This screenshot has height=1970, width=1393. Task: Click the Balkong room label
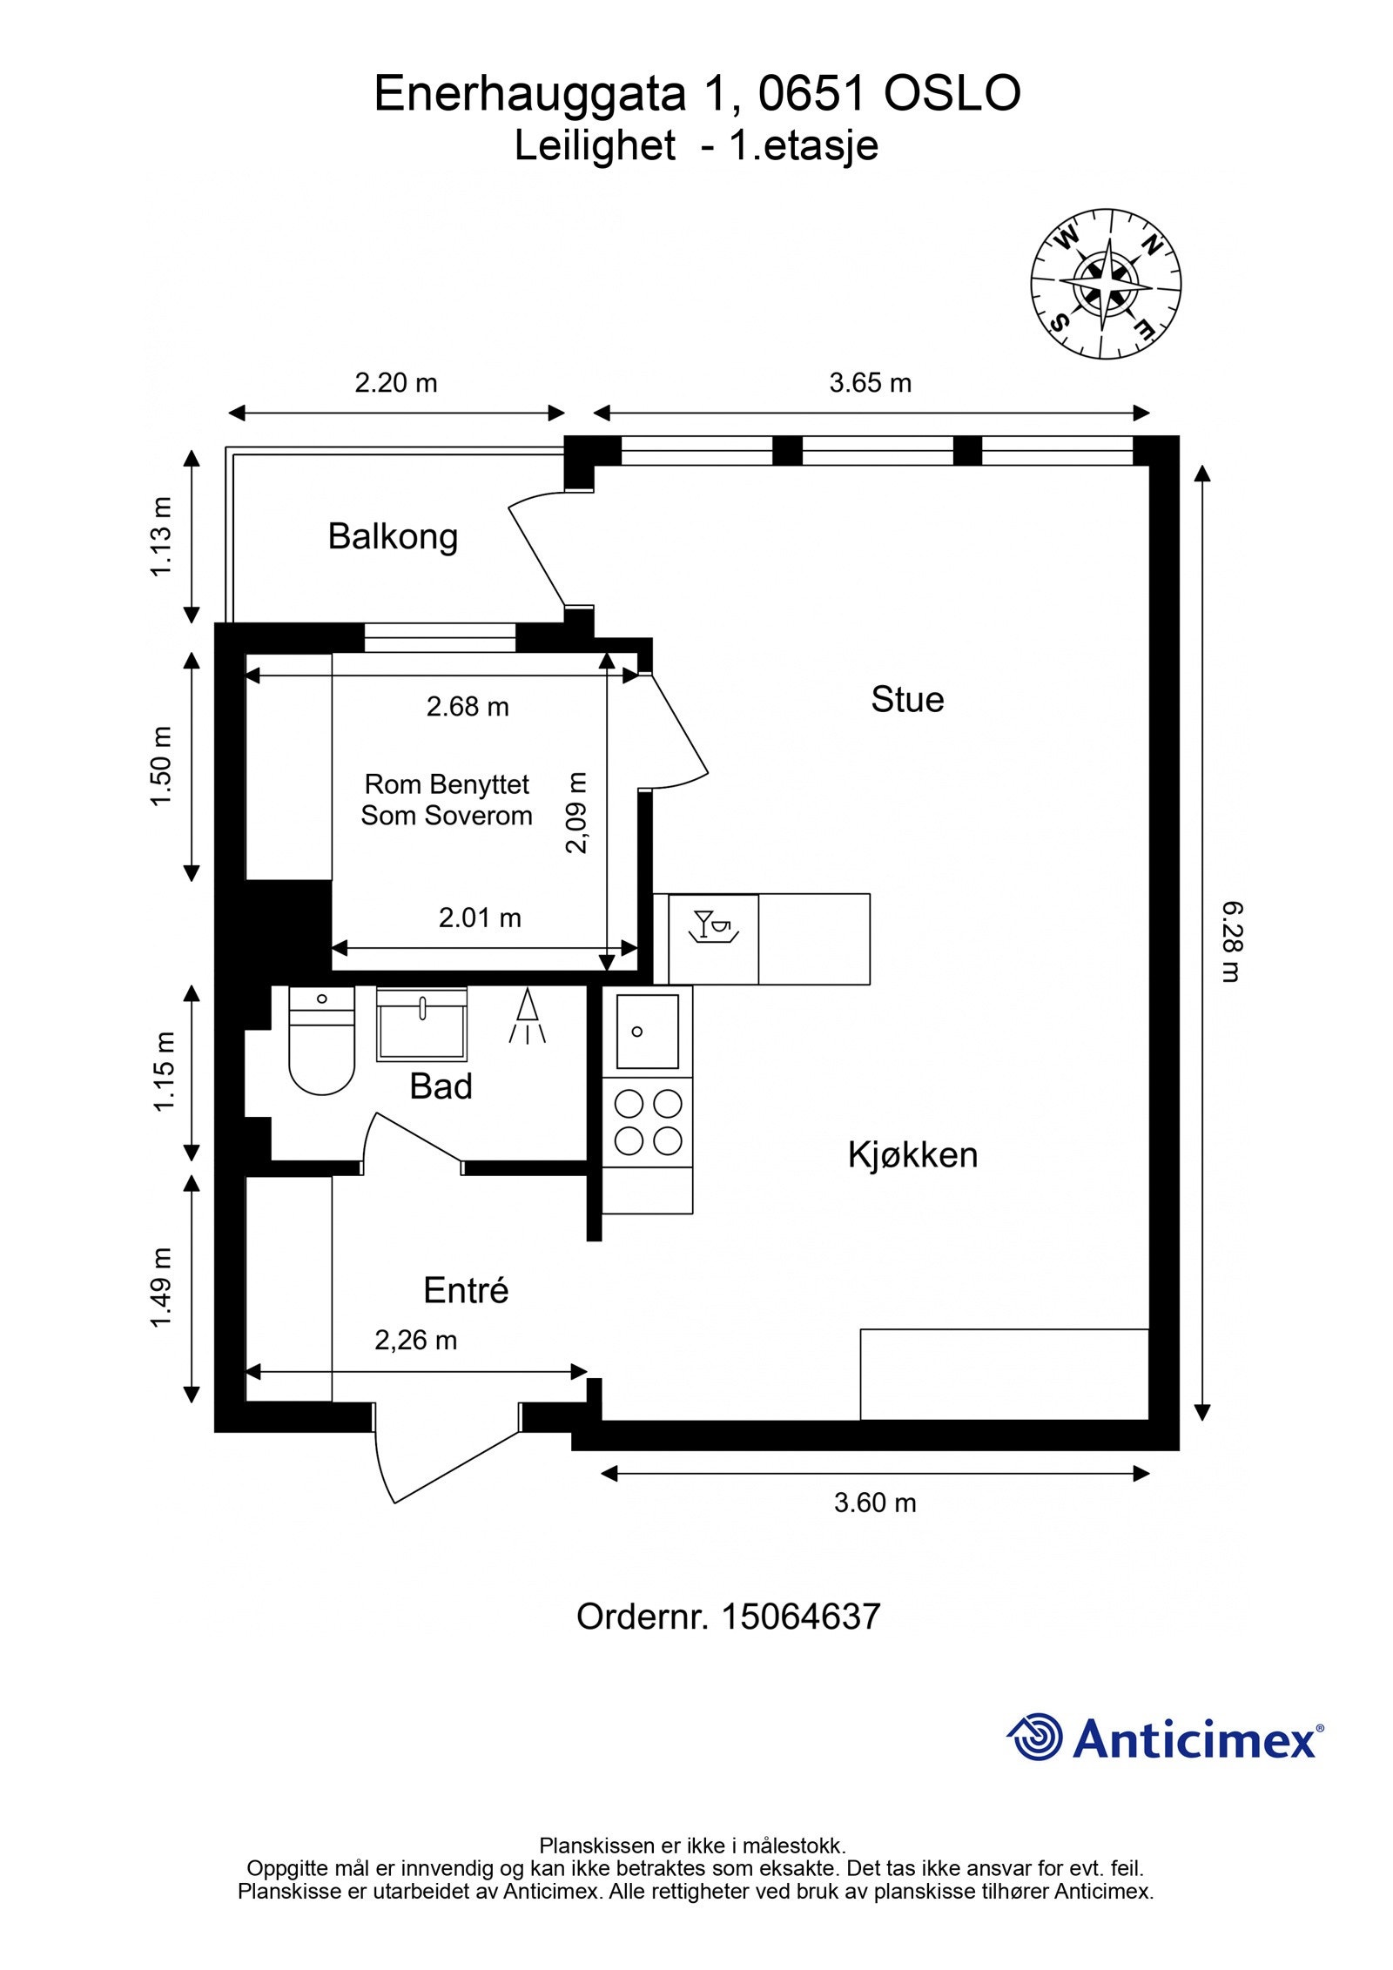(x=393, y=537)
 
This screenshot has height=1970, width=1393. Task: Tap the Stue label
(x=907, y=700)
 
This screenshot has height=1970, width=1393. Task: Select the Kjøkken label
(x=912, y=1155)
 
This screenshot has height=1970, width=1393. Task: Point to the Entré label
(x=466, y=1290)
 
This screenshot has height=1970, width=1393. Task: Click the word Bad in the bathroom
(x=441, y=1086)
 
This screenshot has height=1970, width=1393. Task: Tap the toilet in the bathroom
(x=321, y=1039)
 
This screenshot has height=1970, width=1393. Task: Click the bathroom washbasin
(x=421, y=1024)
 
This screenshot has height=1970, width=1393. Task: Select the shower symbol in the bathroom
(x=527, y=1015)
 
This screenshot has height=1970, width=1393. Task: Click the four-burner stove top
(x=648, y=1122)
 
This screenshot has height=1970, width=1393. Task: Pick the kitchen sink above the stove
(x=648, y=1032)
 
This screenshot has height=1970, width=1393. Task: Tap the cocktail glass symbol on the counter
(x=713, y=925)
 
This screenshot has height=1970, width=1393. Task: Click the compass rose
(x=1106, y=284)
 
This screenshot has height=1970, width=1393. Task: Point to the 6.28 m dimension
(x=1228, y=942)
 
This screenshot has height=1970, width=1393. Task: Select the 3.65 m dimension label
(x=870, y=383)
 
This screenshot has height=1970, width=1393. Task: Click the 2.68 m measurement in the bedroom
(x=468, y=707)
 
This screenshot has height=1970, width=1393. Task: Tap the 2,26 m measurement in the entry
(x=415, y=1341)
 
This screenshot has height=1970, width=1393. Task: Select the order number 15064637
(x=801, y=1617)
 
